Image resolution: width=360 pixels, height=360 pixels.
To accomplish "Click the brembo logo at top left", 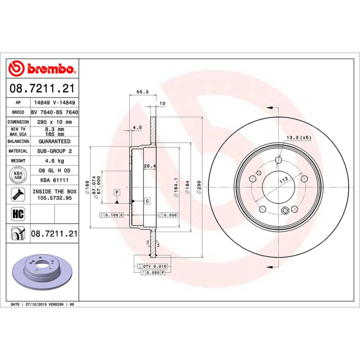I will point(43,69).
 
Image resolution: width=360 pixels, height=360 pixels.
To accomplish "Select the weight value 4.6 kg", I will point(54,161).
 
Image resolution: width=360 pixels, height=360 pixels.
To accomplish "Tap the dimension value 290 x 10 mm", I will point(54,122).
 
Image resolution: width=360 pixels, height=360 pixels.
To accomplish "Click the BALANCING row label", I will point(18,141).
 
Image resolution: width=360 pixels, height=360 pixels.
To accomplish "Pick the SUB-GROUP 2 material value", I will point(54,151).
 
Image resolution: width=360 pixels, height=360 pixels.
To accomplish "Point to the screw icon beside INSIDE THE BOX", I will point(18,194).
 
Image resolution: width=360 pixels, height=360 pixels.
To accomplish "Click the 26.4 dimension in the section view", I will point(149,166).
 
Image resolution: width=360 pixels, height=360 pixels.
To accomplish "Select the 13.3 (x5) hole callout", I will point(299,137).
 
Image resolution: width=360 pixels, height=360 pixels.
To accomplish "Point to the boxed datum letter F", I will point(117,193).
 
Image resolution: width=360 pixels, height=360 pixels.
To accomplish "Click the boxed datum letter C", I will point(147,201).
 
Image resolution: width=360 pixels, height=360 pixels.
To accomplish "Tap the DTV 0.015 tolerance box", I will point(155,267).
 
